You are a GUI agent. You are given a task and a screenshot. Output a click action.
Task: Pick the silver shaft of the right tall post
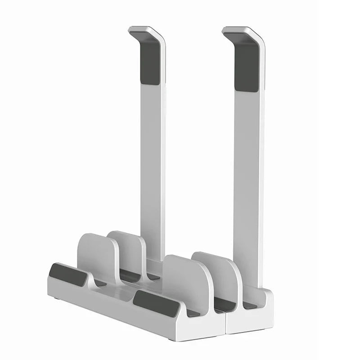click(247, 171)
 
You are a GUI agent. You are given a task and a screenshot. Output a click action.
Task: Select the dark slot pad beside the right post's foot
click(250, 305)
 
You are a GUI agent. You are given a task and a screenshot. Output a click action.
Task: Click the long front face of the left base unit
click(117, 306)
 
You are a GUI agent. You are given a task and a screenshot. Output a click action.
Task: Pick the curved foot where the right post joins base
click(263, 292)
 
